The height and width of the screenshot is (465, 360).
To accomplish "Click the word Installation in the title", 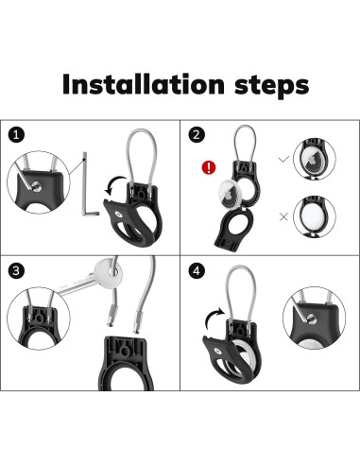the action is [x=144, y=84].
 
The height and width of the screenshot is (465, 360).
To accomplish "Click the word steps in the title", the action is [x=272, y=85].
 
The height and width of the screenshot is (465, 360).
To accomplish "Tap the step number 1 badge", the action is [x=16, y=135].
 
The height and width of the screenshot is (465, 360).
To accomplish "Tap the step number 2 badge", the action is [x=197, y=134].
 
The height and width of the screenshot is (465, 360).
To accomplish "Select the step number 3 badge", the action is [x=16, y=270].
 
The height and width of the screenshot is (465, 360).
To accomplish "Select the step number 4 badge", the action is [x=197, y=270].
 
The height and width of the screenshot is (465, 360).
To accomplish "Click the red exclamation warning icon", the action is [x=209, y=167].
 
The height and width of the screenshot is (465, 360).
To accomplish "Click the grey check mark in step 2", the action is [x=283, y=160].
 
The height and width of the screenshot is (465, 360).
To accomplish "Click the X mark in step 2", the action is [x=283, y=216].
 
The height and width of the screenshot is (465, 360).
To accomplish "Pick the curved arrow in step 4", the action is [x=214, y=319].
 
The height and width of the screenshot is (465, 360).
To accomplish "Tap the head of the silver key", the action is [x=108, y=270].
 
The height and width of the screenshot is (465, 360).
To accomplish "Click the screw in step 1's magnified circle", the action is [x=37, y=186].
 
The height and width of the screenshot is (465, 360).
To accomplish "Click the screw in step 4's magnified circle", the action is [x=312, y=319].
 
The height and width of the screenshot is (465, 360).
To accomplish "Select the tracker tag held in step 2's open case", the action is [x=231, y=194].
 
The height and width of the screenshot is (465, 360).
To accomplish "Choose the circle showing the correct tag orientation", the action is [x=315, y=159].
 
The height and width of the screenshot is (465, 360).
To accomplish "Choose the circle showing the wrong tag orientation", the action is [x=315, y=216].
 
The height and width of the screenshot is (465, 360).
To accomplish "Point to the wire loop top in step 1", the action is [x=141, y=130].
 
